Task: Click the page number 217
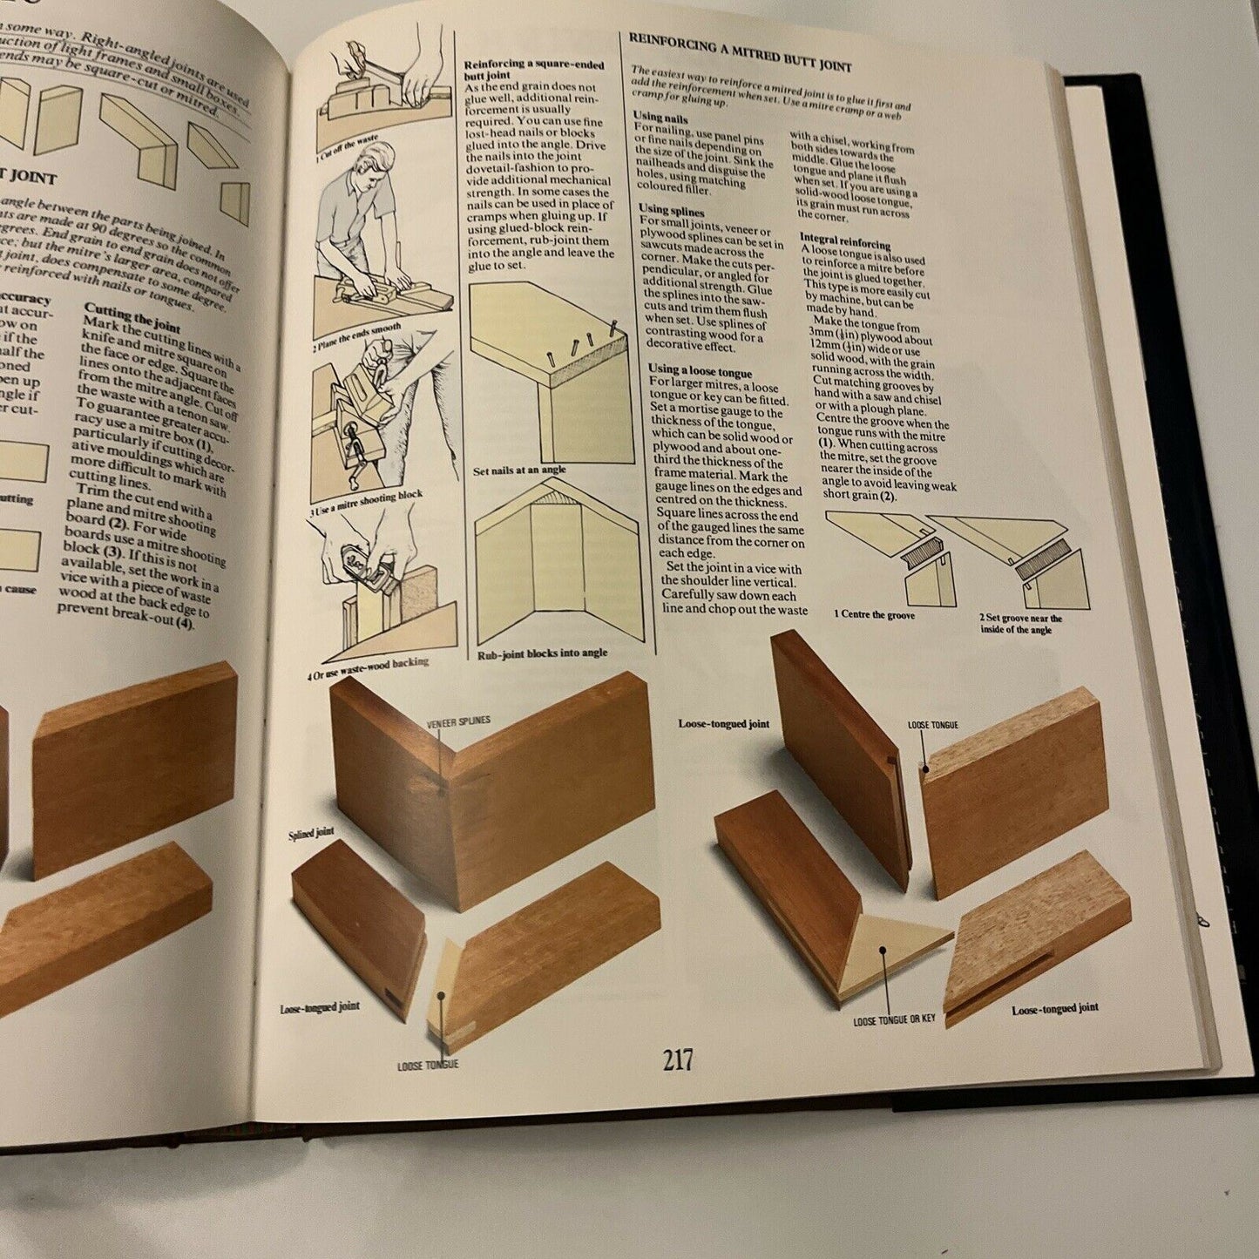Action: tap(677, 1060)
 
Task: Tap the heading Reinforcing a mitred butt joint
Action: tap(740, 52)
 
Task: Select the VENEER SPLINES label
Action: tap(458, 721)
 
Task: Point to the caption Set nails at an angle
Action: tap(519, 470)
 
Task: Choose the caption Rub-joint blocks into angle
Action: tap(542, 653)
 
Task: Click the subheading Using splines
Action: tap(671, 210)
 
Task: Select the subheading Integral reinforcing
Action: tap(844, 240)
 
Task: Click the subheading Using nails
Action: tap(660, 118)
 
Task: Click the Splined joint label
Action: tap(311, 834)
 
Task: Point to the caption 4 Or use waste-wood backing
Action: tap(368, 668)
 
